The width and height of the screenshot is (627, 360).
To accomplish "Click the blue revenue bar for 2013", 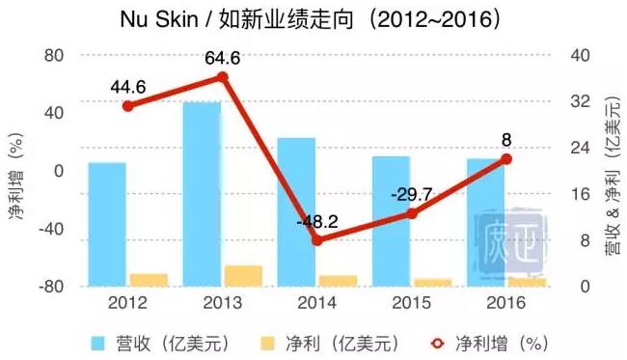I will pos(202,193).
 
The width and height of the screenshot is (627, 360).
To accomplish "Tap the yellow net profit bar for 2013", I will pos(243,276).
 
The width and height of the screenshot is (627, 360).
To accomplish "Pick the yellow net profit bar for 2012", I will pos(149,280).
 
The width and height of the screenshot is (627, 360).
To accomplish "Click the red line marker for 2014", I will pos(316,239).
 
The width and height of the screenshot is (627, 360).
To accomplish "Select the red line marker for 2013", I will pos(223,77).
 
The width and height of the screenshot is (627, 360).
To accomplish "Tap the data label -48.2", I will pos(317,221).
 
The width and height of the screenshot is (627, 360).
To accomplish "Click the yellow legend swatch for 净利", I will pos(269,342).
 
